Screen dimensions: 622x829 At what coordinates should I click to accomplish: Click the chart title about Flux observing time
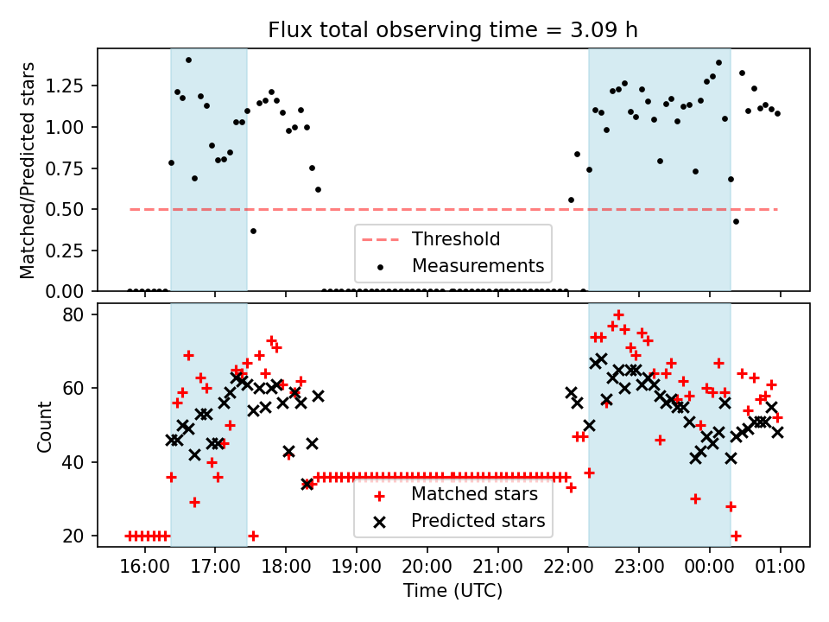point(453,30)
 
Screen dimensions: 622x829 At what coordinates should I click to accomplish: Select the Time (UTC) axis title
point(453,592)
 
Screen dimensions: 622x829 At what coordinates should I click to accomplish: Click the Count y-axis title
point(44,425)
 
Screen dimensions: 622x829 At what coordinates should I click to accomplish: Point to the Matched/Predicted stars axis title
point(28,170)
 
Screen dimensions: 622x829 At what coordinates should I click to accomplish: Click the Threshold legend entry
point(456,239)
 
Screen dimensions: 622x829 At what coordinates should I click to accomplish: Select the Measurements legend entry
point(478,265)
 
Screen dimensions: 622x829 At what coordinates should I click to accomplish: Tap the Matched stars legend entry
point(474,495)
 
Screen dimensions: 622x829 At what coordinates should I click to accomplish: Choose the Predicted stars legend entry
point(478,521)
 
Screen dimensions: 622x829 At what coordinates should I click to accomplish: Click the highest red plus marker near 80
point(618,315)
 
